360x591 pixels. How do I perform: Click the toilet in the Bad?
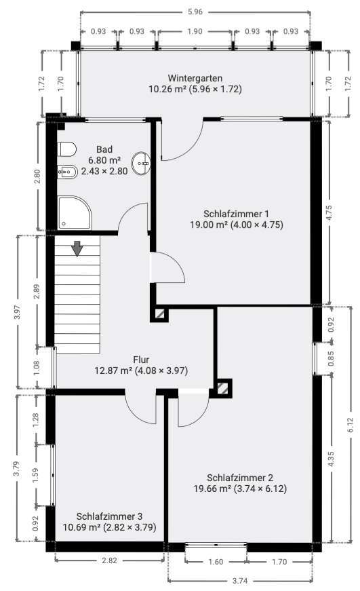tap(66, 149)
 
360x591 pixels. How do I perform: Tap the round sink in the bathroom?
tap(142, 162)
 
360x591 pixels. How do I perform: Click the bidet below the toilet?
tap(68, 172)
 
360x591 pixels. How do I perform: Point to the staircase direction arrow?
tap(77, 249)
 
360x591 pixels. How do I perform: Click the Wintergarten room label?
tap(195, 78)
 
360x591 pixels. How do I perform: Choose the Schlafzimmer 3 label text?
tap(109, 516)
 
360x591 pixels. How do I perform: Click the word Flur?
tap(140, 360)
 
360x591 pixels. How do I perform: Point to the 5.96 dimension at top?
tap(196, 12)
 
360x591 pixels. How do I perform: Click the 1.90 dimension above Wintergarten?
tap(195, 31)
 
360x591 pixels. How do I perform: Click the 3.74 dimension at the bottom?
tap(240, 581)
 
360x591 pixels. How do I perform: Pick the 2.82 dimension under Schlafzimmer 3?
tap(109, 561)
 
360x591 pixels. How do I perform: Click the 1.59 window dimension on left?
tap(36, 474)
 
